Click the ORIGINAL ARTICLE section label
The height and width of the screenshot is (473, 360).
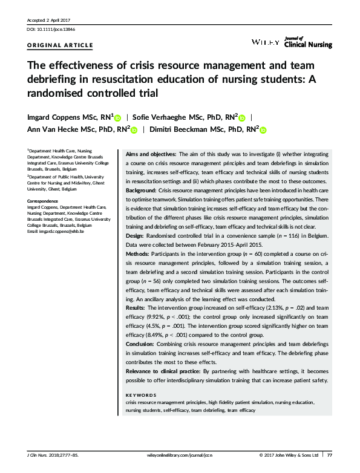tap(61, 45)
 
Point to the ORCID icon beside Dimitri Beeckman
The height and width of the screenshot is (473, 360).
tap(264, 129)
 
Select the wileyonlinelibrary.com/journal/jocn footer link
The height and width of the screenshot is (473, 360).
tap(180, 455)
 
